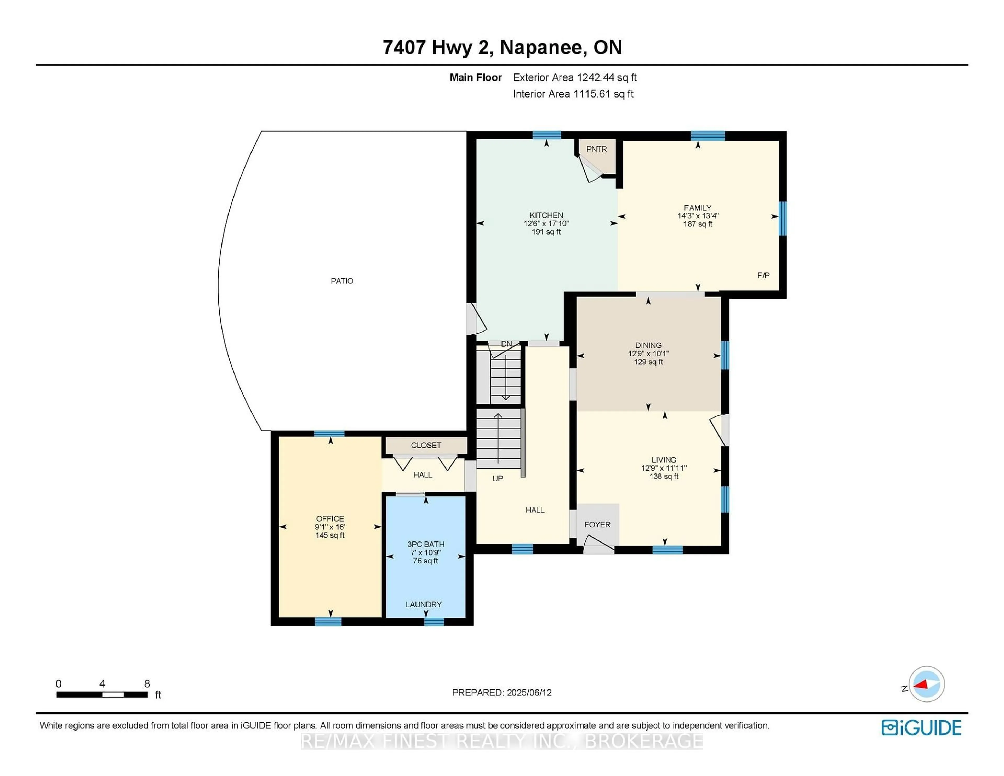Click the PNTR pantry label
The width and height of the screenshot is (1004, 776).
[x=596, y=149]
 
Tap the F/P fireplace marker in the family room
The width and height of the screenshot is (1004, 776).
[x=763, y=275]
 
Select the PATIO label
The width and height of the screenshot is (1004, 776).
[x=342, y=281]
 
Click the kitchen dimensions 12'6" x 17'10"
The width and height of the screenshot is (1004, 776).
[x=546, y=224]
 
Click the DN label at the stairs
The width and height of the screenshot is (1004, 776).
[x=506, y=344]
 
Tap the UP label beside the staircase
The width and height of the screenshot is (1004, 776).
[x=497, y=478]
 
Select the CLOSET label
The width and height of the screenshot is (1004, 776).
[x=426, y=445]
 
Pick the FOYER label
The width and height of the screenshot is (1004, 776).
[x=597, y=524]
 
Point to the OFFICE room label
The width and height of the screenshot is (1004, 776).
[x=330, y=518]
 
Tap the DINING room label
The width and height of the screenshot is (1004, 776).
[x=648, y=345]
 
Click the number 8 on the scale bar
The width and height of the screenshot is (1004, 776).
[x=147, y=684]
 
